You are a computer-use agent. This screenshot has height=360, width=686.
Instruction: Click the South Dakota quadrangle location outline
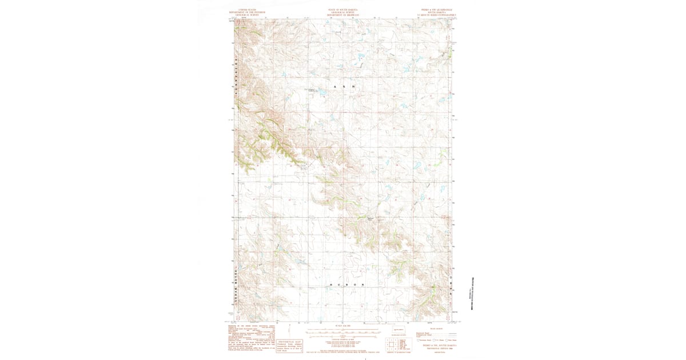tap(398, 330)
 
